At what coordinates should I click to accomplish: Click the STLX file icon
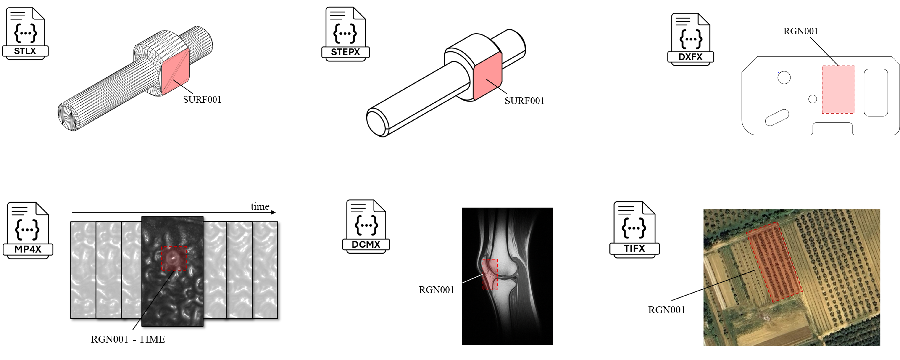pos(25,33)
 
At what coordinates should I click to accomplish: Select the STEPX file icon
pos(345,34)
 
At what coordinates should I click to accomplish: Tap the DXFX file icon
pos(690,39)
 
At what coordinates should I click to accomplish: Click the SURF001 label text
pos(202,100)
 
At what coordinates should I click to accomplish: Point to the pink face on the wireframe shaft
pos(175,72)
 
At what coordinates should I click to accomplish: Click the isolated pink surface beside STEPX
pos(487,76)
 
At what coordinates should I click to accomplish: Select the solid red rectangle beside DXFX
pos(838,90)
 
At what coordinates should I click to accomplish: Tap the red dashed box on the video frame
pos(174,258)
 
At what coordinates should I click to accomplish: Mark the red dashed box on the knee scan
pos(490,274)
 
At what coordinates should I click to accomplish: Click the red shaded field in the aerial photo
pos(774,262)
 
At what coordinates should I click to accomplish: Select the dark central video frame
pos(172,297)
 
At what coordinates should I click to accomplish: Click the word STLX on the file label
pos(25,51)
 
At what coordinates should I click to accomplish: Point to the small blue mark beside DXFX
pos(778,72)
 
